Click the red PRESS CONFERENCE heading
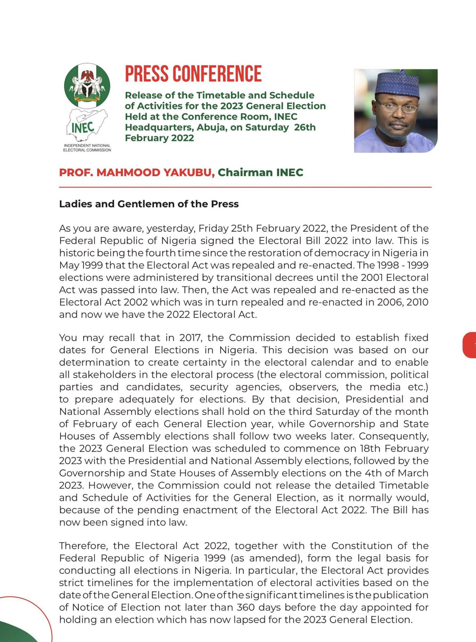coord(193,74)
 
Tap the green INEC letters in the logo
coord(83,127)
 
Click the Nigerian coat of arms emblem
coord(87,86)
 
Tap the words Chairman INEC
coord(260,172)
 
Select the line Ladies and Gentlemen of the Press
coord(149,204)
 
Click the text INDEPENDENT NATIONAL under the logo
coord(87,146)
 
